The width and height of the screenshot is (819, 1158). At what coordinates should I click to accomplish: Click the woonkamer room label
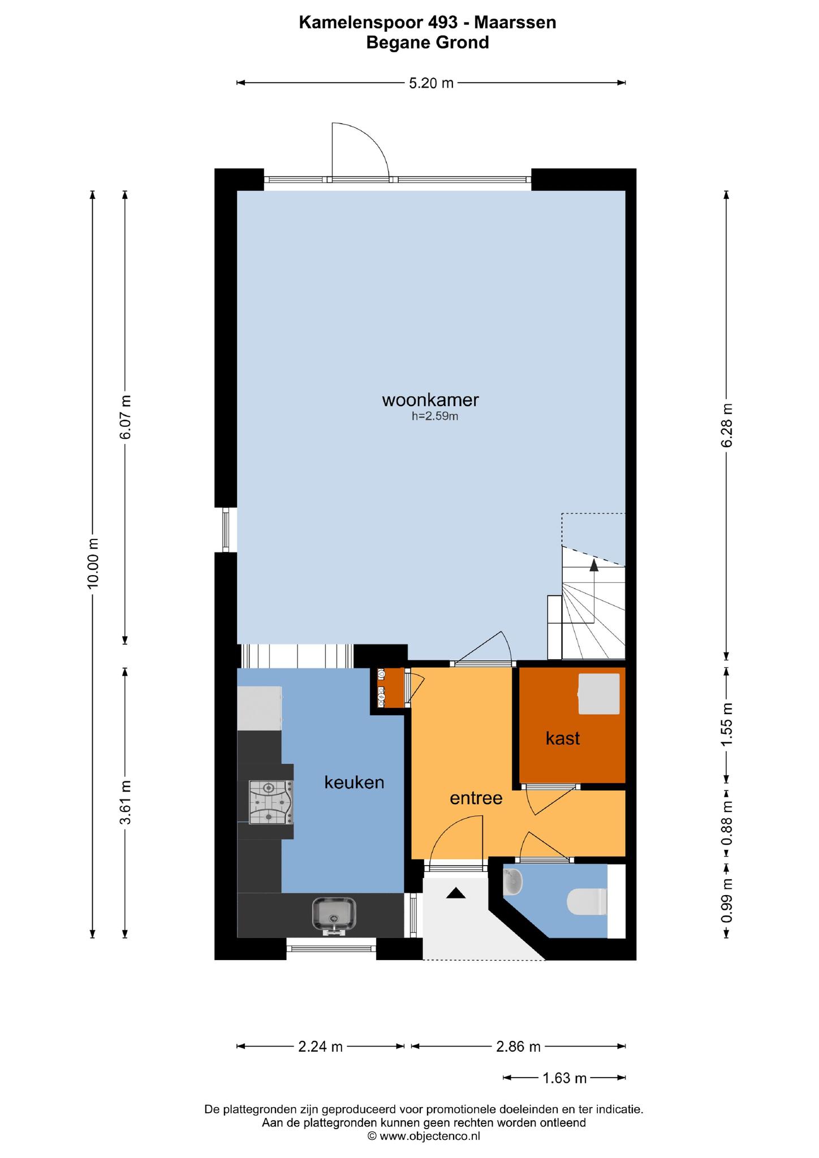[x=430, y=400]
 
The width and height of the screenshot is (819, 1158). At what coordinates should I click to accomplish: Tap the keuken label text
[x=354, y=783]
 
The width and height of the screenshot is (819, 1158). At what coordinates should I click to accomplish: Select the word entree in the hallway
[x=476, y=798]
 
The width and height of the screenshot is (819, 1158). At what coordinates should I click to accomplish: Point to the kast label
[x=563, y=738]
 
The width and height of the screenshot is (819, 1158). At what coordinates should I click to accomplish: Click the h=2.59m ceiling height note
[x=434, y=417]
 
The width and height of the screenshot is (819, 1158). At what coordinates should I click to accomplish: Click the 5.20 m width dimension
[x=431, y=83]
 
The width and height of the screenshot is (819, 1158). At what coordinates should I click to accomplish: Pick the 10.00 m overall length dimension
[x=93, y=563]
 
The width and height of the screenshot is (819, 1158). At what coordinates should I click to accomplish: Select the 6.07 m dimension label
[x=126, y=417]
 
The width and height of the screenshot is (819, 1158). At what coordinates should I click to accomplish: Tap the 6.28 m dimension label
[x=727, y=425]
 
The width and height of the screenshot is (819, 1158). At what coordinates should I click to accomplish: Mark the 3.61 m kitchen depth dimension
[x=126, y=802]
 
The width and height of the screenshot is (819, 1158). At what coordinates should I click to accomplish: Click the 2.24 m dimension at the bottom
[x=320, y=1047]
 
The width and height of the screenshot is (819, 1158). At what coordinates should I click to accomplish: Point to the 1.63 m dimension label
[x=564, y=1078]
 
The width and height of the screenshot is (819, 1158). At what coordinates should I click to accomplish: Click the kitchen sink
[x=334, y=915]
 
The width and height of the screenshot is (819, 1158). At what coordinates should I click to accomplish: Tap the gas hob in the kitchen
[x=270, y=802]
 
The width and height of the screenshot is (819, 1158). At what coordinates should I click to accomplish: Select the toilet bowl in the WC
[x=587, y=902]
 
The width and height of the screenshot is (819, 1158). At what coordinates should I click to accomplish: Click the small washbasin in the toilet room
[x=512, y=883]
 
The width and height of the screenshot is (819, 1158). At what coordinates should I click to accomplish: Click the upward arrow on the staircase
[x=594, y=591]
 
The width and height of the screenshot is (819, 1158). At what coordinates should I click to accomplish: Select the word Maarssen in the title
[x=515, y=23]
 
